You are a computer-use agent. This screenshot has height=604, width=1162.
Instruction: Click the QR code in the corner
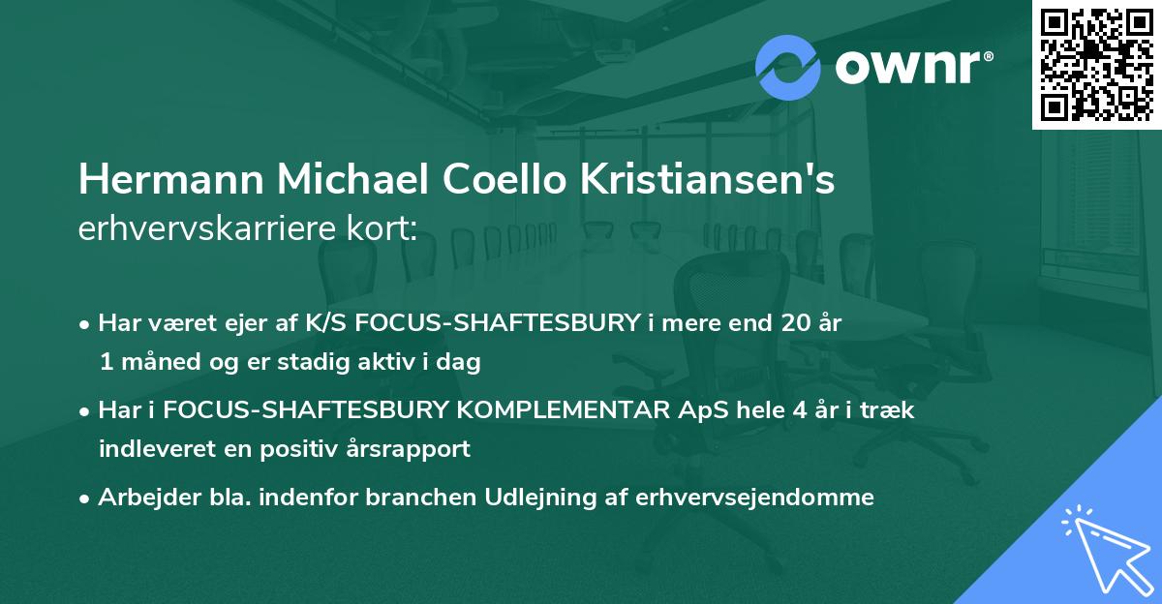tap(1096, 65)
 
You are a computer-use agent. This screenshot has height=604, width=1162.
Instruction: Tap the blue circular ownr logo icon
tap(787, 68)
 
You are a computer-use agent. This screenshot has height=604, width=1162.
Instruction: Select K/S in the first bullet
tap(326, 322)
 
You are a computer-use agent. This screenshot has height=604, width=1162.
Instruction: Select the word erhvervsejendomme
tap(755, 498)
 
